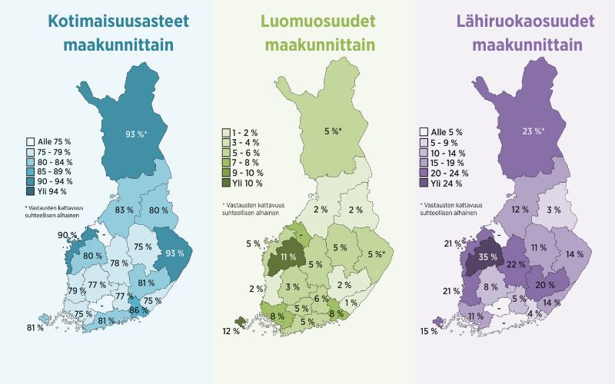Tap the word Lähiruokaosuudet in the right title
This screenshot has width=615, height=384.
point(527,22)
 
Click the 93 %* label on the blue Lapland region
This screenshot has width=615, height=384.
point(137,134)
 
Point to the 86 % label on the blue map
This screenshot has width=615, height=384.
point(138,310)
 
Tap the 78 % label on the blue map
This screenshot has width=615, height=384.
point(118,263)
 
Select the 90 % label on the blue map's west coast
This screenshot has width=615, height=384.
point(67,235)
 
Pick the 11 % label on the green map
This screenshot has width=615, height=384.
point(288,257)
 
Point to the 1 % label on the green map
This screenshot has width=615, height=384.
point(352,303)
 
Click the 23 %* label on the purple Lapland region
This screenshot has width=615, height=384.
point(532,131)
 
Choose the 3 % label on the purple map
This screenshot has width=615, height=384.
point(553,210)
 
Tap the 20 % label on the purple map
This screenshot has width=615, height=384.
point(545,285)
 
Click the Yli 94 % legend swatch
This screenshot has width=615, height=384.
point(30,191)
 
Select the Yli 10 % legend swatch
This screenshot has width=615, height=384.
point(226,183)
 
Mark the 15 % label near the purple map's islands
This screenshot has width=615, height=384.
point(429,331)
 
